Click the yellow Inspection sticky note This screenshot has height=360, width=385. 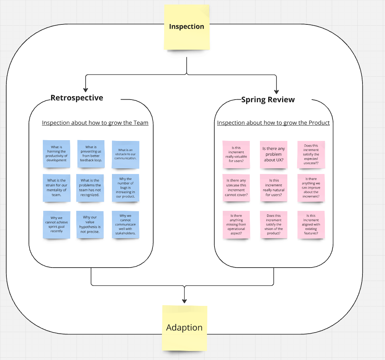187,27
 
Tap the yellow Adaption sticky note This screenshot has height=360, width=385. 184,328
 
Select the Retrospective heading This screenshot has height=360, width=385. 77,98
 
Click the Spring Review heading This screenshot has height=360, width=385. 268,100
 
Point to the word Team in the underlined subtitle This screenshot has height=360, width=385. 141,123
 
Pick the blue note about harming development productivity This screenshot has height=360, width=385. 56,154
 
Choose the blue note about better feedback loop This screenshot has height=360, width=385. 91,154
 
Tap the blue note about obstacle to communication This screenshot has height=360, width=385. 125,154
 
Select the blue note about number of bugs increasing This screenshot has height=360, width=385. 125,188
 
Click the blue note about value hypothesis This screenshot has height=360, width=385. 90,225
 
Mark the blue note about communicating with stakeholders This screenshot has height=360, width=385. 125,225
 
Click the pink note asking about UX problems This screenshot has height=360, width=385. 273,155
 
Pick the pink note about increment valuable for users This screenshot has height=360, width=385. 236,155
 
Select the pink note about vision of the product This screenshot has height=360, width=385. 273,225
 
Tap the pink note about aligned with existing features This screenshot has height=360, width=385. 311,225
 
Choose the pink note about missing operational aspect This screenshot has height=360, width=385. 236,225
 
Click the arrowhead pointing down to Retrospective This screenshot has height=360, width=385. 86,90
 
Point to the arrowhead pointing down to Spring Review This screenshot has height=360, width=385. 276,92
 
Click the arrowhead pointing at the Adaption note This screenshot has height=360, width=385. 184,301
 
